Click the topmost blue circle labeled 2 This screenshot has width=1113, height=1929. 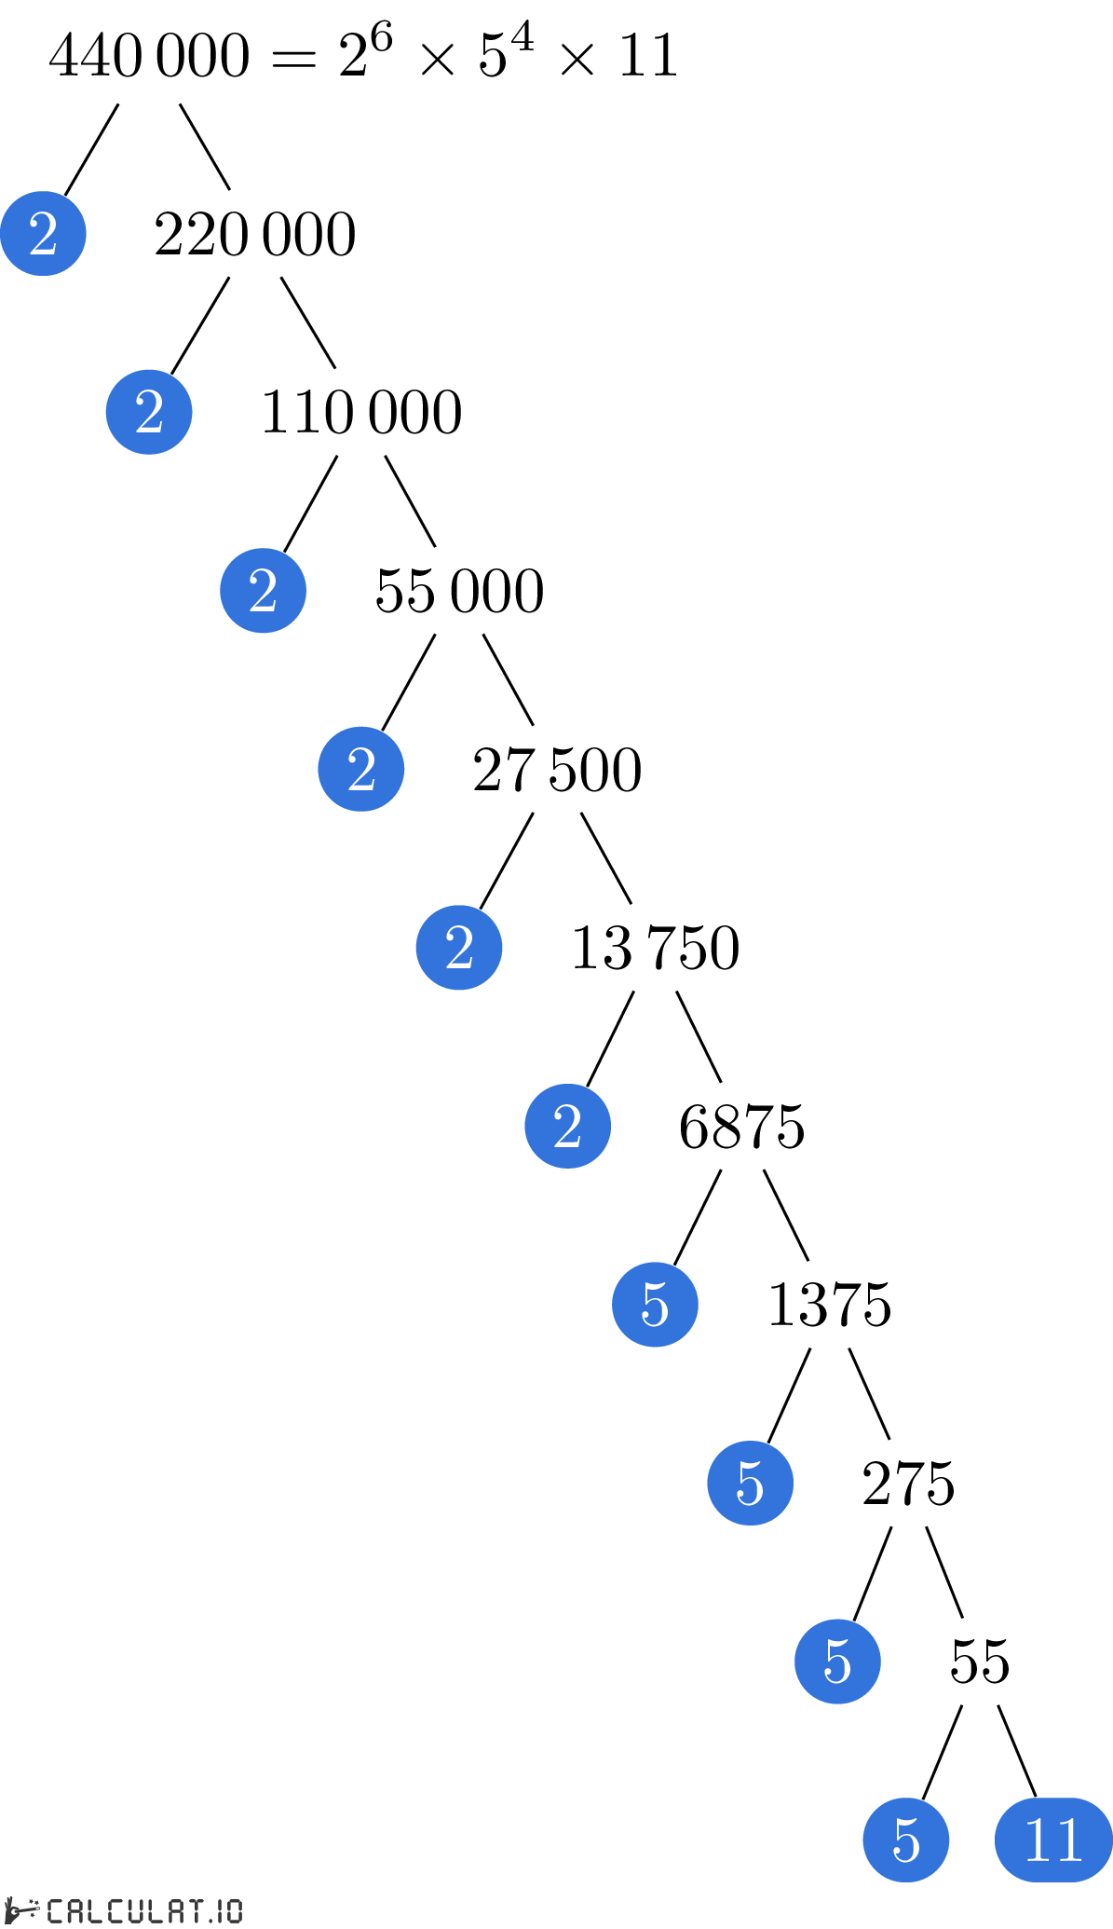pos(43,233)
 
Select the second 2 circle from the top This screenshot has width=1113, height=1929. pos(149,412)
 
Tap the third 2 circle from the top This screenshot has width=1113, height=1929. pos(263,591)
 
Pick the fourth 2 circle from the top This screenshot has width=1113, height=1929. pos(361,769)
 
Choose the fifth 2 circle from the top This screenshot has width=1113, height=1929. pos(459,948)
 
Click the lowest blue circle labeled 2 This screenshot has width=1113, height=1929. pos(567,1126)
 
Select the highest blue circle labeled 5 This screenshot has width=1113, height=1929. pos(655,1305)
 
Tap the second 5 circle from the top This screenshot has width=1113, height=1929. pos(750,1483)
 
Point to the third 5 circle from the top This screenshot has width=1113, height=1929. pos(837,1662)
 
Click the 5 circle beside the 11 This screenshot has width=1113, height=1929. pos(905,1840)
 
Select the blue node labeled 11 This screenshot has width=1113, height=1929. pos(1053,1840)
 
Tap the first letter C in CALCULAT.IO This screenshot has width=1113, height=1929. pos(55,1910)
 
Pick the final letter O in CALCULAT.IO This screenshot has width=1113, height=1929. pos(233,1910)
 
